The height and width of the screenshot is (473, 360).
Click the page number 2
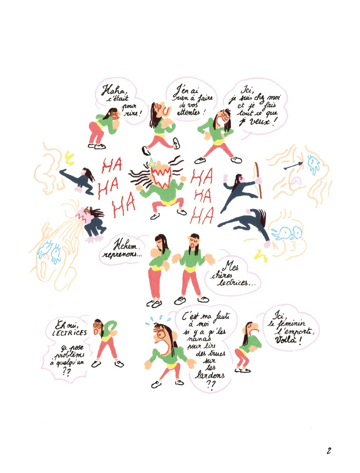pos(329,451)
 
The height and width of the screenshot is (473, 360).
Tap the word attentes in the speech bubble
pos(189,112)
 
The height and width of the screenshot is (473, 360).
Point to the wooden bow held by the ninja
pos(258,180)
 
